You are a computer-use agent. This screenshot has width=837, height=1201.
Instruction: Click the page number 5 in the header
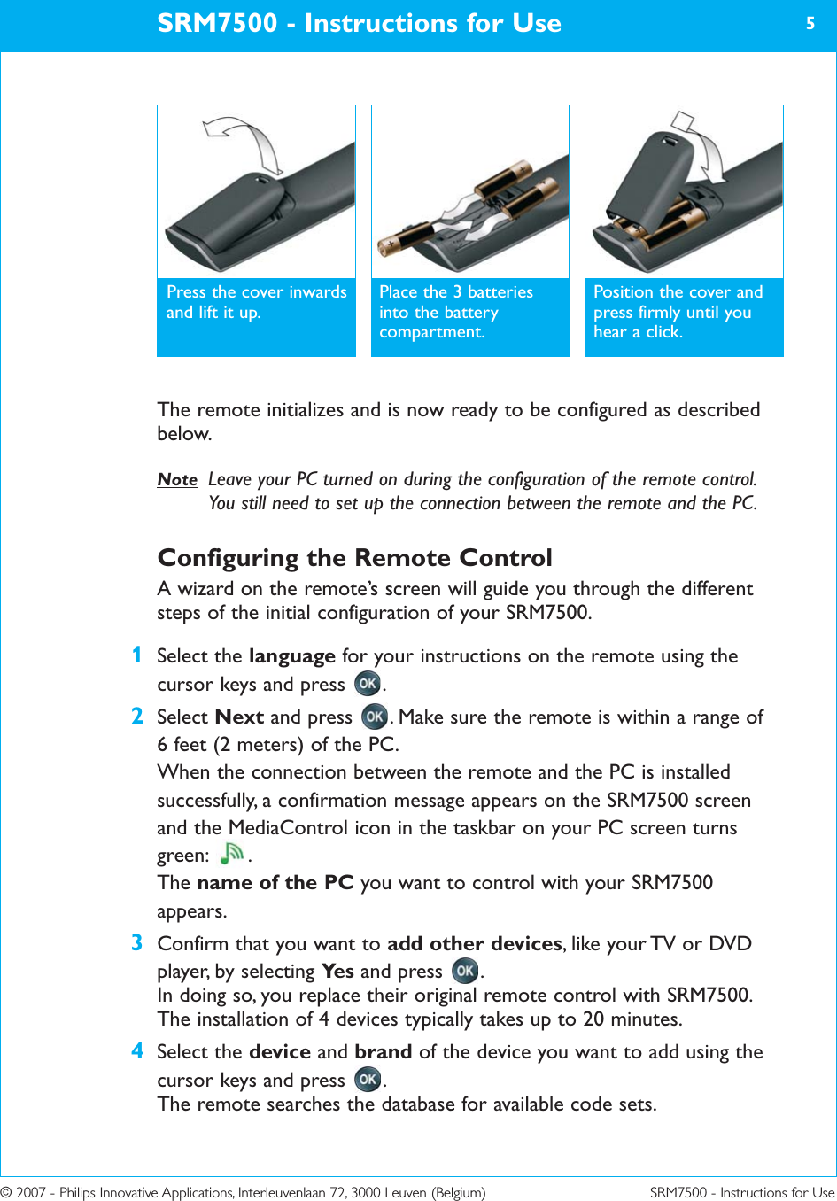(810, 24)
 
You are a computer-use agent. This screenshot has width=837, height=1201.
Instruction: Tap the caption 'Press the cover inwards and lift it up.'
(256, 302)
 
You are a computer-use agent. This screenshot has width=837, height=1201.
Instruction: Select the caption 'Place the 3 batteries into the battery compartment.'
(456, 312)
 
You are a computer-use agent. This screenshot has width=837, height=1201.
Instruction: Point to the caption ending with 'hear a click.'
(678, 312)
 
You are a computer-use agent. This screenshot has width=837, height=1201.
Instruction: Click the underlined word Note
(177, 480)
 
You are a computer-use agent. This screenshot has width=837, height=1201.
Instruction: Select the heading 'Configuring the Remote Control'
(354, 557)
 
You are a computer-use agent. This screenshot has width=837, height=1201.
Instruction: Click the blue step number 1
(136, 655)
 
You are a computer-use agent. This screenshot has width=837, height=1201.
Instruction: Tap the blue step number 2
(136, 716)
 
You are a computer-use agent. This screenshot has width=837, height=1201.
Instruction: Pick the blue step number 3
(136, 942)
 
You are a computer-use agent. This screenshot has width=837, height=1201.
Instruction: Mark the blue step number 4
(136, 1050)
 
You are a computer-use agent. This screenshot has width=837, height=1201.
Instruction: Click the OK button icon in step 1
(368, 684)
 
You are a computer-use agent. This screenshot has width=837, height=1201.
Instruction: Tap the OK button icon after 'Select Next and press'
(375, 716)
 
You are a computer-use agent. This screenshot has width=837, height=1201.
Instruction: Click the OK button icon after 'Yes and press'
(465, 971)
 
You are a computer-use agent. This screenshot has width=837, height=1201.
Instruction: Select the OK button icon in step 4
(368, 1079)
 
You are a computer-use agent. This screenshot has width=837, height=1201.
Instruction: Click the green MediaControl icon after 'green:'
(232, 853)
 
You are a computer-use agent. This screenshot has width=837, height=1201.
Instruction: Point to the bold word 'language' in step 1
(291, 656)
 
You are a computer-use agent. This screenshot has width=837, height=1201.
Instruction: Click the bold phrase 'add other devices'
(475, 943)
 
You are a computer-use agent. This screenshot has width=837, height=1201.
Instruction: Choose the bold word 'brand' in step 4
(383, 1051)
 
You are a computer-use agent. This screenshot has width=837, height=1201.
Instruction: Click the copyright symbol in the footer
(6, 1192)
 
